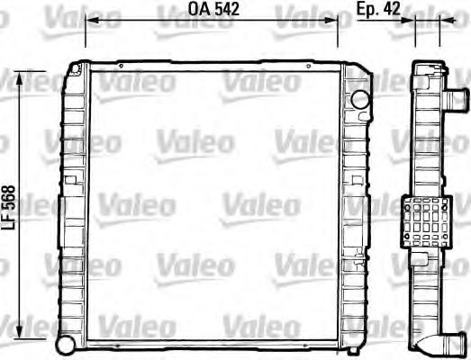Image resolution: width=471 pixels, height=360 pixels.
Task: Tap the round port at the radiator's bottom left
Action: click(x=65, y=343)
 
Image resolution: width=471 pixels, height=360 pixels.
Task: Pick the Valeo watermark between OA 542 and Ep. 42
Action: click(x=306, y=13)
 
